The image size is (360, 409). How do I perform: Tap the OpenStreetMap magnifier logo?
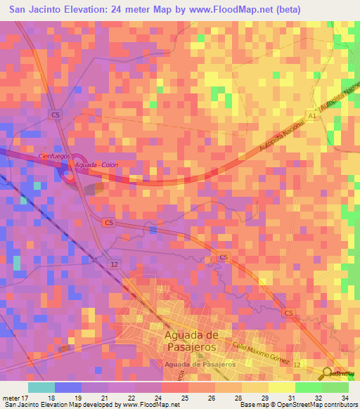click(x=328, y=373)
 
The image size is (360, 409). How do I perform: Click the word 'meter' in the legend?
click(x=12, y=398)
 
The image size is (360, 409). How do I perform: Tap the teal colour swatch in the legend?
click(x=41, y=387)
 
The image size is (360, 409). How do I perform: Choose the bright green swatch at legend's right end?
click(x=335, y=387)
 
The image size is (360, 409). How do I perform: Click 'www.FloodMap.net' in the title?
click(x=229, y=10)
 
